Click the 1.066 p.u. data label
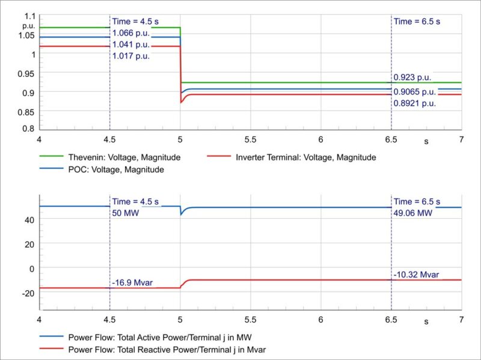pyautogui.click(x=130, y=33)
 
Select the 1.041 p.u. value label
pyautogui.click(x=130, y=44)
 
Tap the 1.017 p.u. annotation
pyautogui.click(x=130, y=56)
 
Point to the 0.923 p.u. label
pyautogui.click(x=412, y=78)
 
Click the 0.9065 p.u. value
pyautogui.click(x=414, y=92)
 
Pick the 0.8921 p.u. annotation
pyautogui.click(x=414, y=103)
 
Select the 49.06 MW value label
pyautogui.click(x=412, y=213)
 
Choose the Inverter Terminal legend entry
pyautogui.click(x=305, y=157)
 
